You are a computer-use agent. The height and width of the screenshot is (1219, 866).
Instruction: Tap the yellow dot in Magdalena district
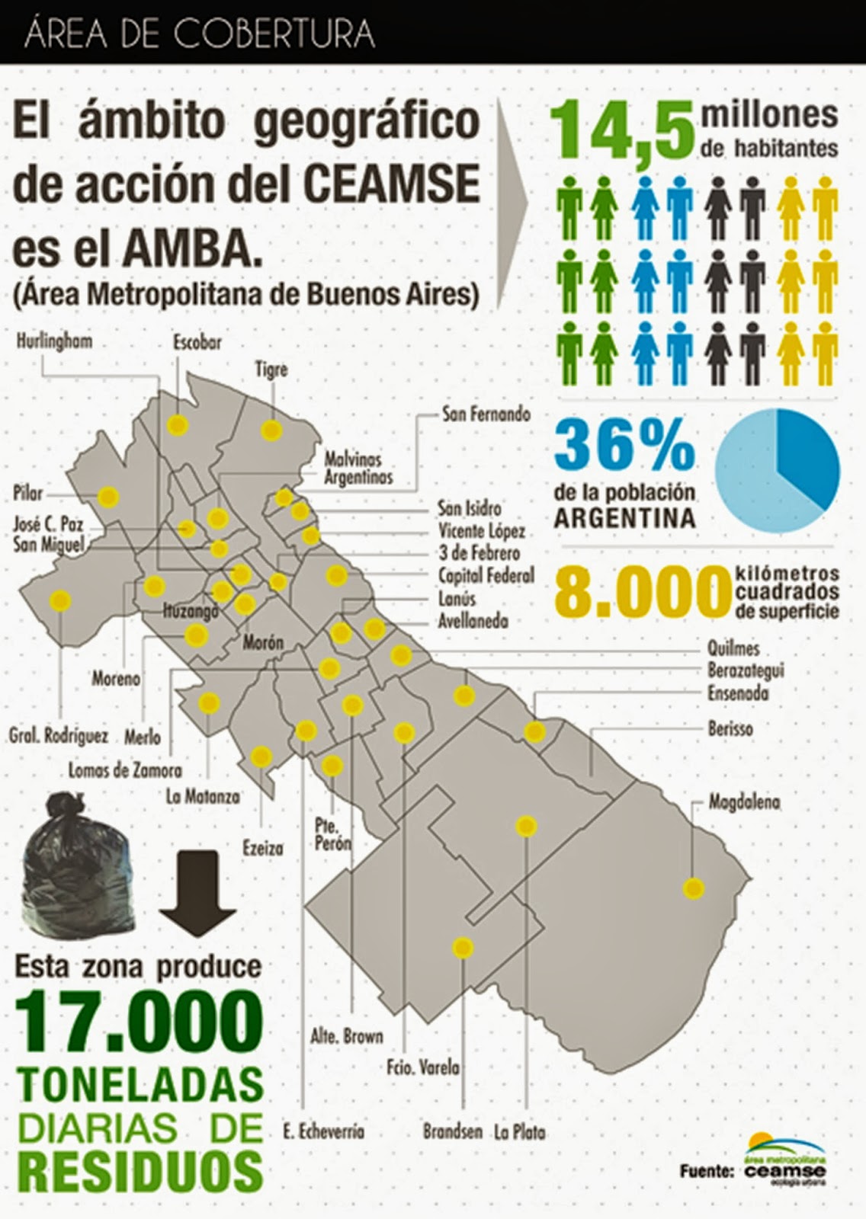(x=693, y=888)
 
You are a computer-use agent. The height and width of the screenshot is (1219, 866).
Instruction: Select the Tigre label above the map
(x=271, y=370)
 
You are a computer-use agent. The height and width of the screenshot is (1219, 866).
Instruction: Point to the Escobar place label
(x=197, y=341)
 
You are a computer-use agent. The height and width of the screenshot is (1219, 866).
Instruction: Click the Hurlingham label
(x=54, y=340)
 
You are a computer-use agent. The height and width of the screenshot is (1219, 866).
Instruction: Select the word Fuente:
(x=707, y=1170)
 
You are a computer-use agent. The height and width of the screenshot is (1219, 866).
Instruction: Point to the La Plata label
(x=519, y=1131)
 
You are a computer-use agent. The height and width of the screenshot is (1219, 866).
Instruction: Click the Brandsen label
(x=453, y=1131)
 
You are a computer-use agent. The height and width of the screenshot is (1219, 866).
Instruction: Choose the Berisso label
(x=730, y=728)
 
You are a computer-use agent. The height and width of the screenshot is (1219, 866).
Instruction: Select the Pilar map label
(x=28, y=493)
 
